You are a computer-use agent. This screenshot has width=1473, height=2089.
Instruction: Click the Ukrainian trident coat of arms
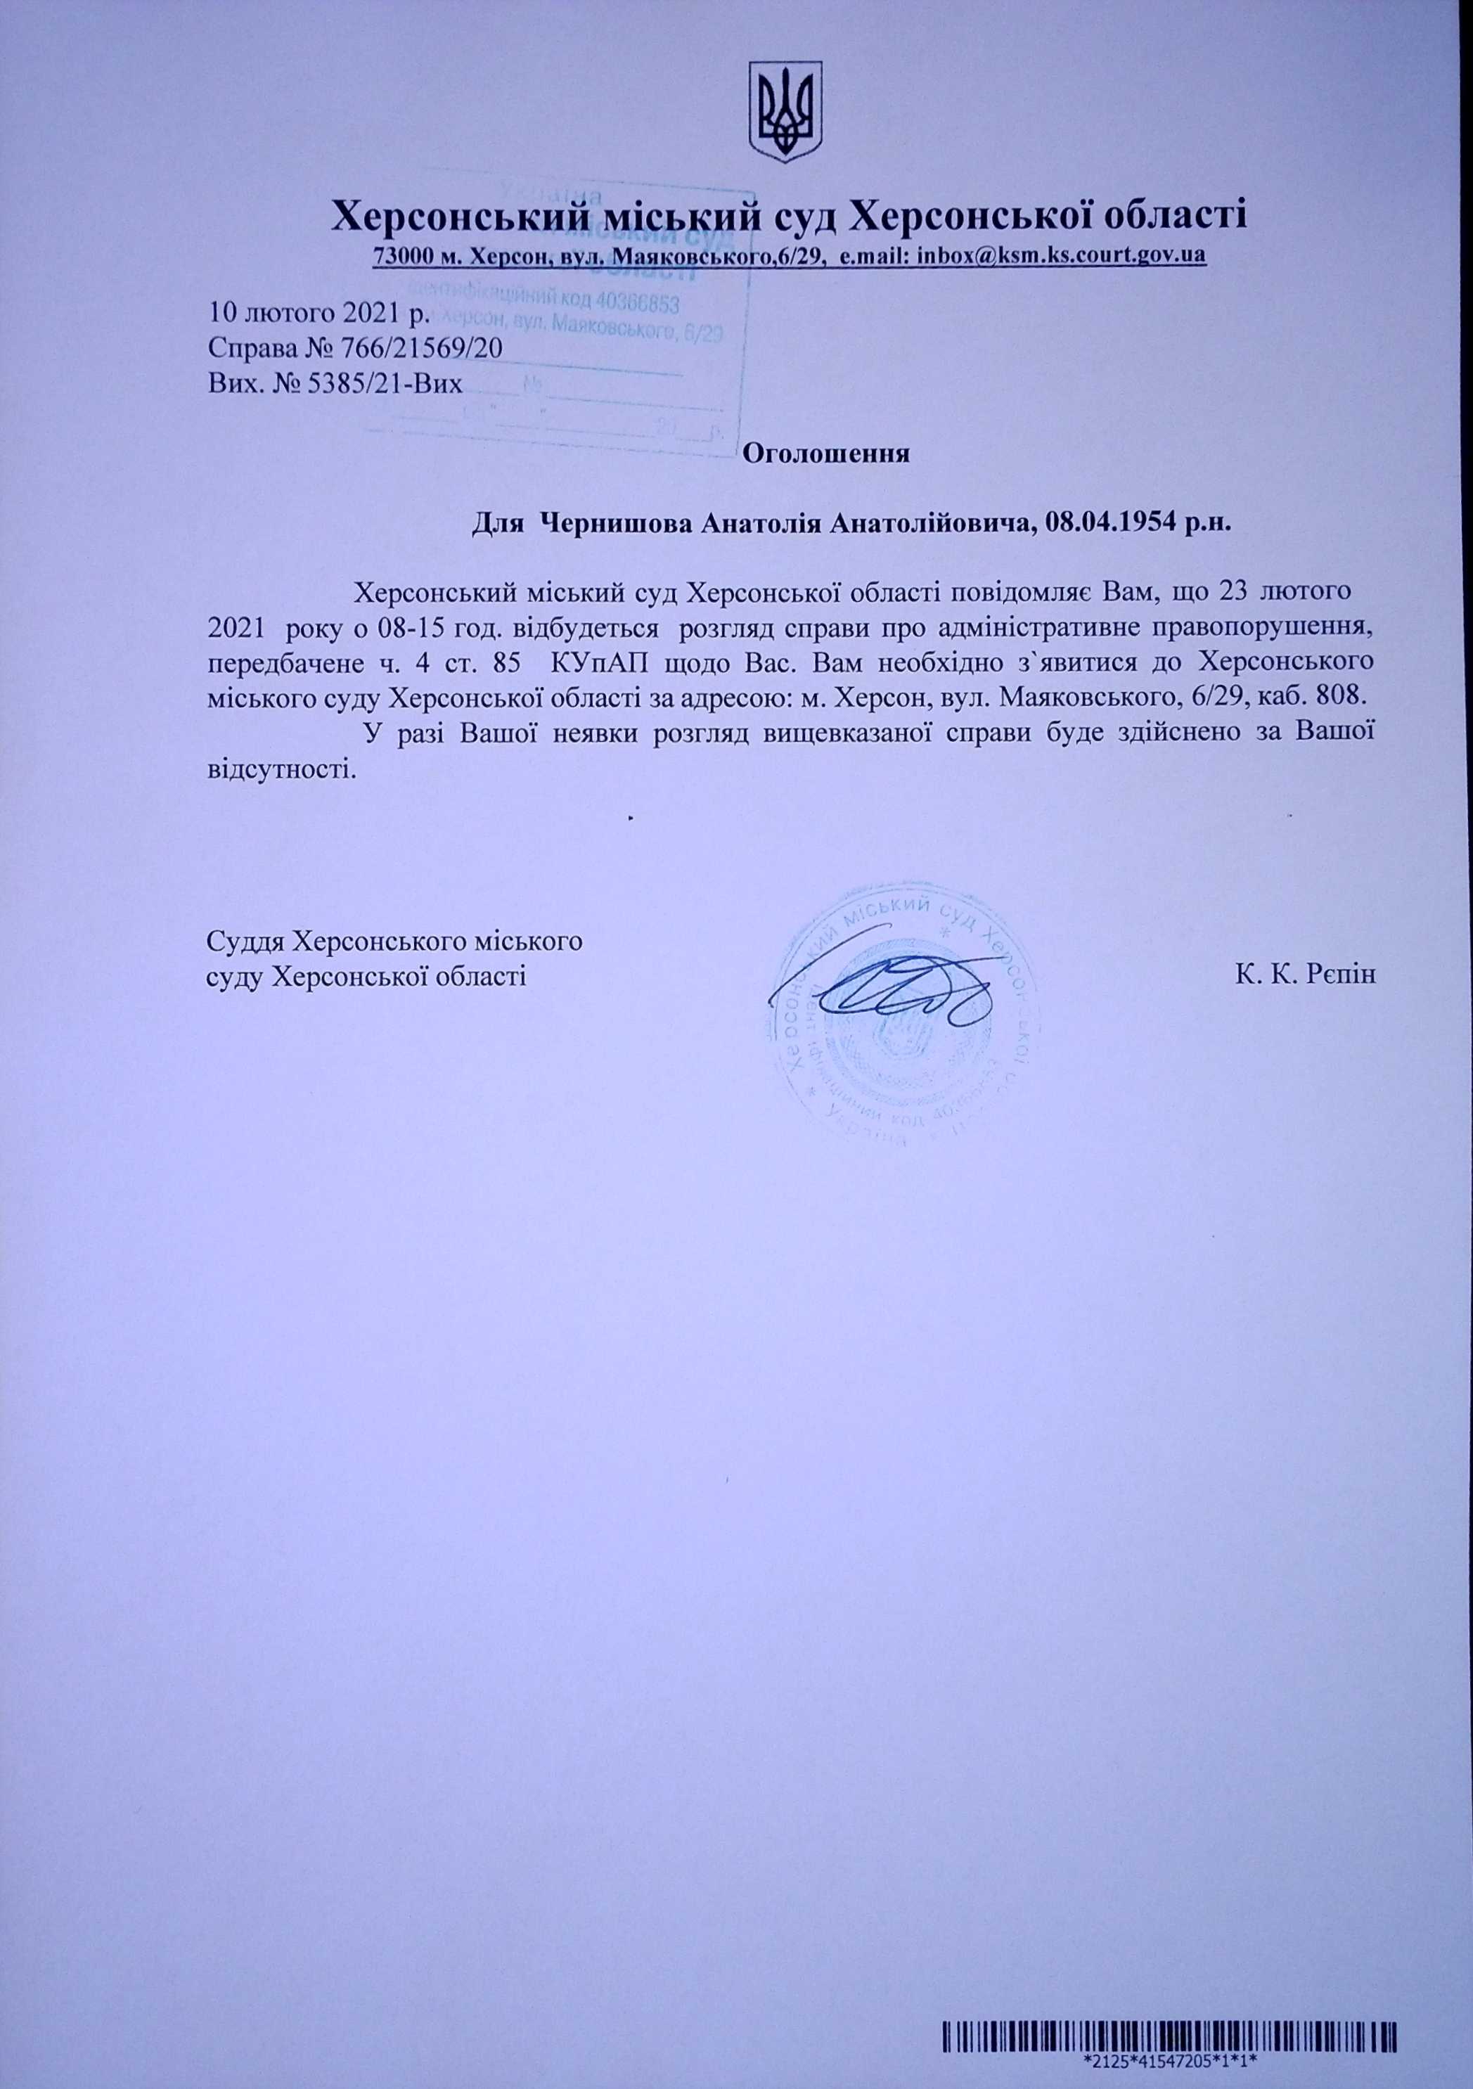coord(785,113)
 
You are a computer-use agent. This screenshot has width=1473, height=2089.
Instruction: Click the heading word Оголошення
coord(827,453)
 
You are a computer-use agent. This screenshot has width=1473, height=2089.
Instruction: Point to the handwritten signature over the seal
coord(896,988)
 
